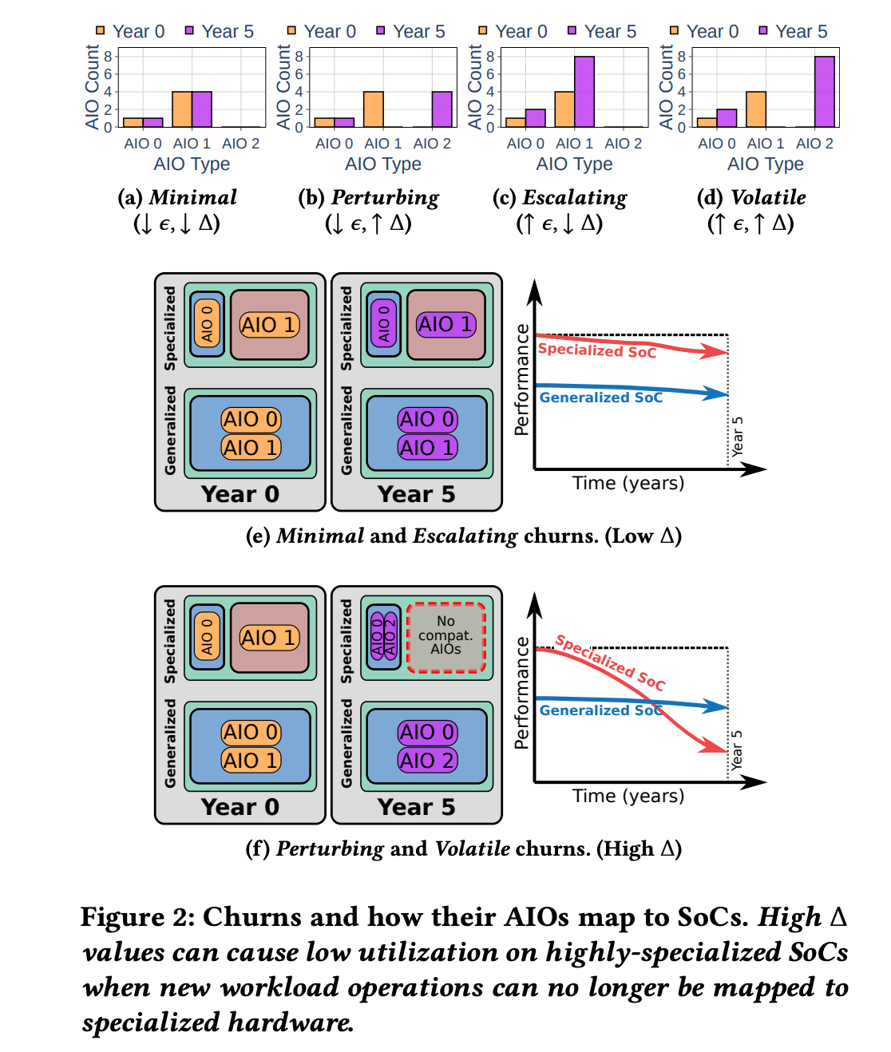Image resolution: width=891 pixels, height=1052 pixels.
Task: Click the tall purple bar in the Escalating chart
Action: [584, 92]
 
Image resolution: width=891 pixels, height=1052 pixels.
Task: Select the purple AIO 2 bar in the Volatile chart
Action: [825, 92]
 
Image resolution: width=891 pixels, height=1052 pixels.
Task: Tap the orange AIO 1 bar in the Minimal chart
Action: [182, 109]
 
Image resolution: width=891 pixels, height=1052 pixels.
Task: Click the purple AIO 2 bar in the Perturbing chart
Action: [442, 109]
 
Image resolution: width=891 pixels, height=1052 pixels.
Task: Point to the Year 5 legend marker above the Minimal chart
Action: [189, 31]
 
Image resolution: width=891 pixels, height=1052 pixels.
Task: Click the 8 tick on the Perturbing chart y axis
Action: [299, 57]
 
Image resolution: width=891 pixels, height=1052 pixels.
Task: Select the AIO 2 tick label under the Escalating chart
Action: [623, 144]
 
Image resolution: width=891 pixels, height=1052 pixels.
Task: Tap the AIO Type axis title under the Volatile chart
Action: [765, 164]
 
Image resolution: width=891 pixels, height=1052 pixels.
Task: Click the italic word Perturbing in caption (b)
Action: [385, 198]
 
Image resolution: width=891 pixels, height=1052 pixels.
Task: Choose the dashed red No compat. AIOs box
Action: [446, 637]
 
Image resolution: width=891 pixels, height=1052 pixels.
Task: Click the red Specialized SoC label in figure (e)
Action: [597, 350]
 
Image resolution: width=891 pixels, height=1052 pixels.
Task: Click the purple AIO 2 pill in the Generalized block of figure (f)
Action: [427, 761]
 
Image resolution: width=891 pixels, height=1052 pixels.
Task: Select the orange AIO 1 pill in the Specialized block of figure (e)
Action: [269, 325]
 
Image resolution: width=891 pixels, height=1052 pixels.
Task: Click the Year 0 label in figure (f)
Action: [240, 807]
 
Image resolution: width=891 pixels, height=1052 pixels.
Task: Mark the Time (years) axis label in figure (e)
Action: [628, 484]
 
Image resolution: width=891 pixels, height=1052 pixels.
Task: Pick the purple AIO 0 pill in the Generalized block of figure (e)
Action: [427, 420]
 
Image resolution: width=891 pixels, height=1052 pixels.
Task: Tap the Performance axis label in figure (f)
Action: [522, 693]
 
